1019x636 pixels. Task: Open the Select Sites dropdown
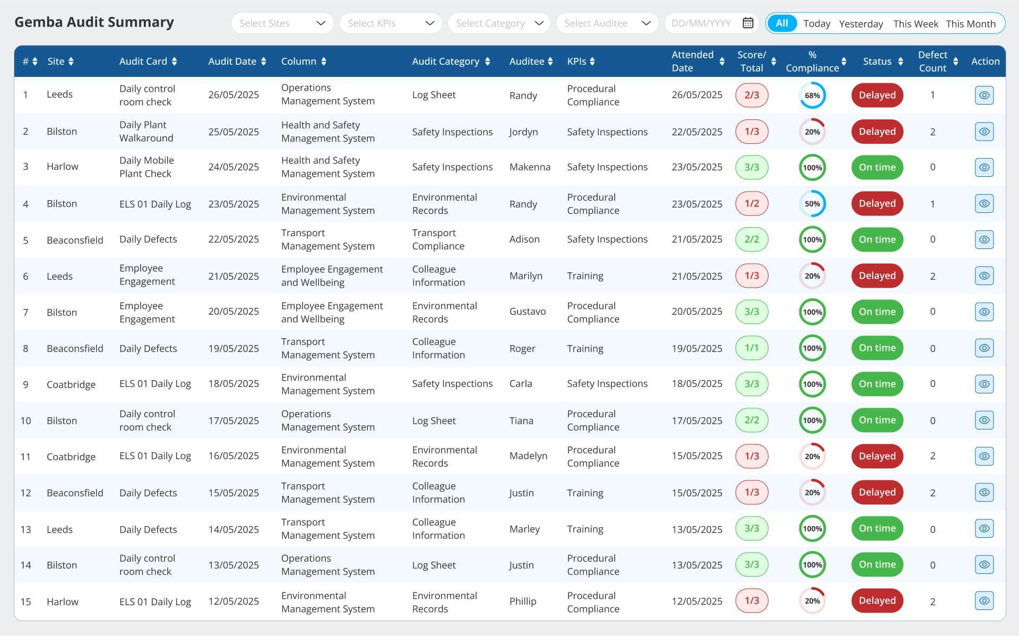pyautogui.click(x=282, y=23)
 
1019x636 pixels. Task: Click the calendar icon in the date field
pyautogui.click(x=748, y=23)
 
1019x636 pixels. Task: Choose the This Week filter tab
pyautogui.click(x=916, y=24)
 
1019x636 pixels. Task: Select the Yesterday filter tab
pyautogui.click(x=861, y=24)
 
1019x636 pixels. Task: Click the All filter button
pyautogui.click(x=782, y=23)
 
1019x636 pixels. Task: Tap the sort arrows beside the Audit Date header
pyautogui.click(x=264, y=62)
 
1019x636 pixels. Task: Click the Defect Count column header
pyautogui.click(x=932, y=61)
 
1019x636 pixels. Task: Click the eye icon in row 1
pyautogui.click(x=984, y=96)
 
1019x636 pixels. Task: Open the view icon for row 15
pyautogui.click(x=984, y=601)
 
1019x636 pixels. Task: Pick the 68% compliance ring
pyautogui.click(x=812, y=96)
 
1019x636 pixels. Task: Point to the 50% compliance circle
pyautogui.click(x=812, y=204)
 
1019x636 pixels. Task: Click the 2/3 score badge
pyautogui.click(x=752, y=96)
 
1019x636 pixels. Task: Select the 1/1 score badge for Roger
pyautogui.click(x=752, y=348)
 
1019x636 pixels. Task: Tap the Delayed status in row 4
pyautogui.click(x=877, y=204)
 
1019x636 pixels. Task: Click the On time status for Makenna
pyautogui.click(x=877, y=167)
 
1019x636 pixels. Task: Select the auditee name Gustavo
pyautogui.click(x=527, y=312)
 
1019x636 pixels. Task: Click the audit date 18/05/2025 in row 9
pyautogui.click(x=234, y=384)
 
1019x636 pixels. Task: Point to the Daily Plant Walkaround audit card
pyautogui.click(x=146, y=132)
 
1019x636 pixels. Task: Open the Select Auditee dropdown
pyautogui.click(x=607, y=23)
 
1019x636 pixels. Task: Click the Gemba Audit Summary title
pyautogui.click(x=94, y=22)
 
